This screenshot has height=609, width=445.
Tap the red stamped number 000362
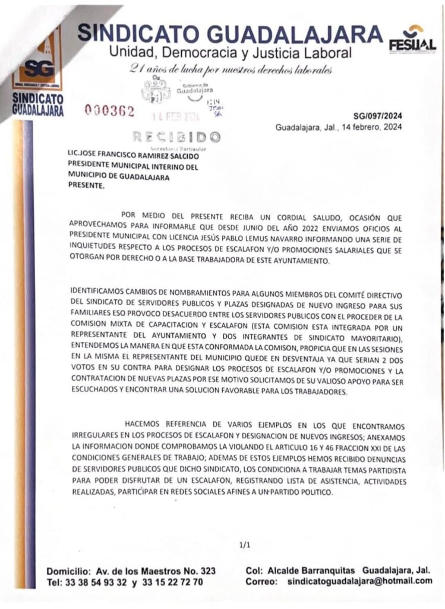point(110,111)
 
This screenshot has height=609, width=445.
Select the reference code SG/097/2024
point(377,117)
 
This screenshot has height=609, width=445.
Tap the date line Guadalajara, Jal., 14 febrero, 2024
point(338,127)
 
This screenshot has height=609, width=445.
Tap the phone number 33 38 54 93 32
point(100,582)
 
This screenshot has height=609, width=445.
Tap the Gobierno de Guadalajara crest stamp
point(156,90)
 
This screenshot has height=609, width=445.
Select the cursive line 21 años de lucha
point(230,70)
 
